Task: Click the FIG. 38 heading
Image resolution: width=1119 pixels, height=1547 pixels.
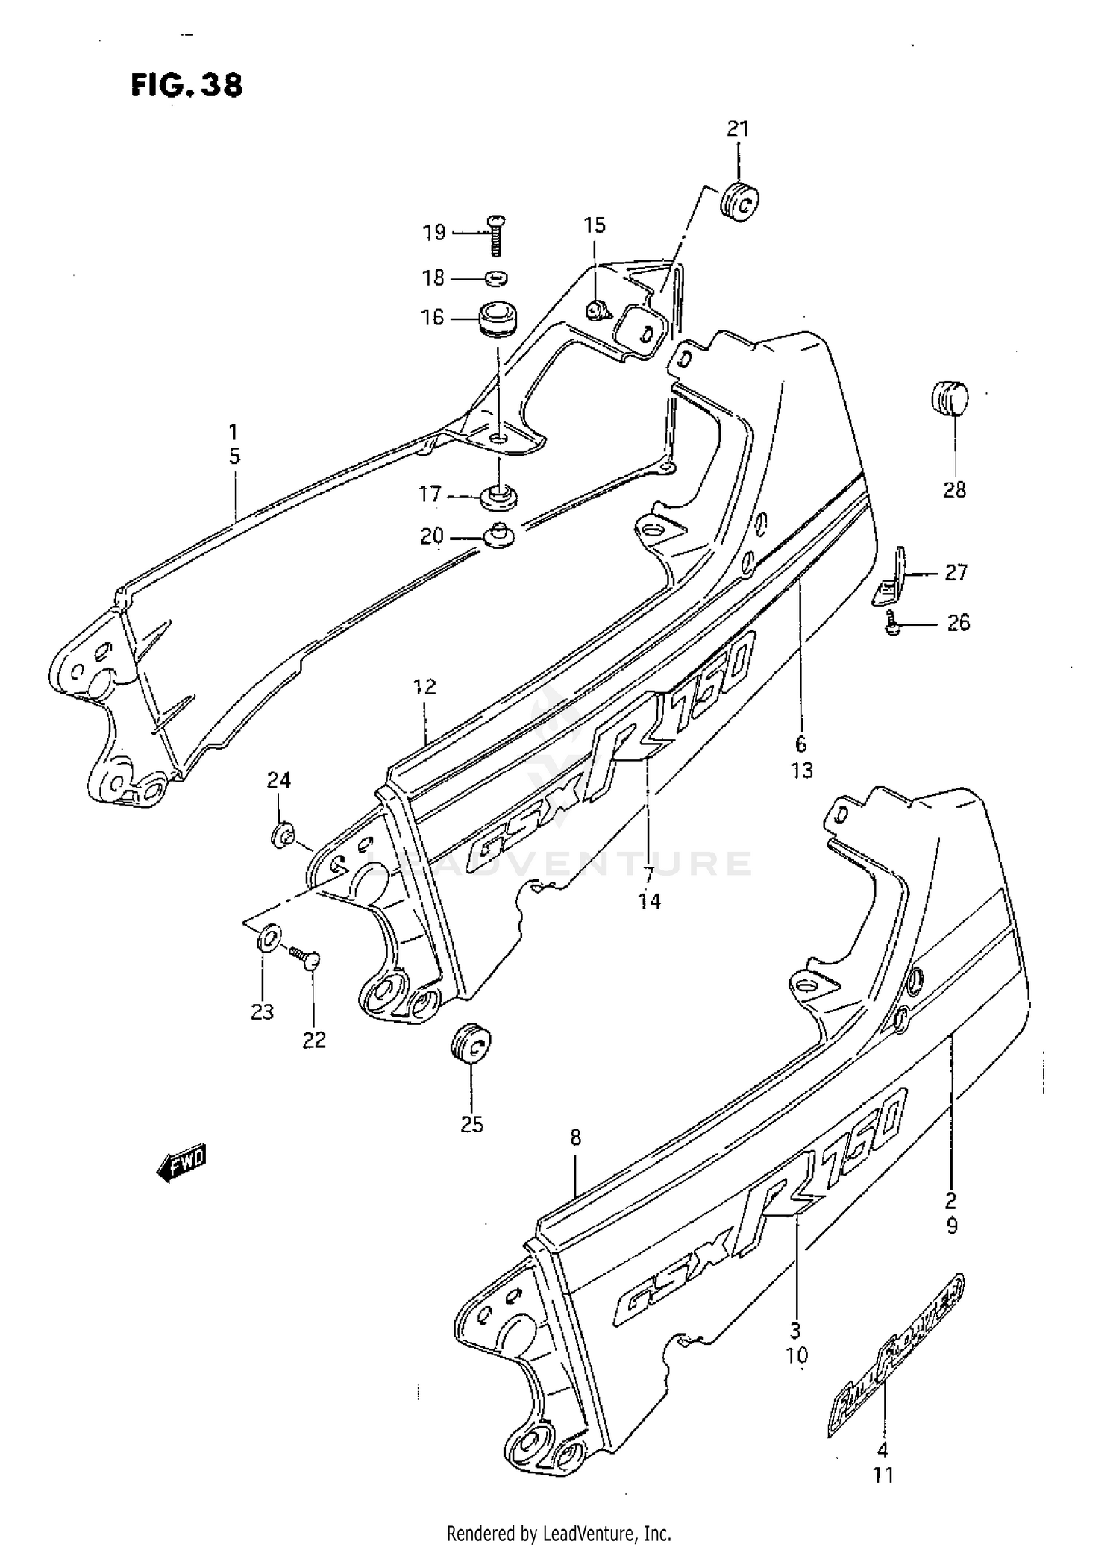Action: tap(187, 85)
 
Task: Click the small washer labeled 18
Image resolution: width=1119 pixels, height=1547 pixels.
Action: tap(495, 278)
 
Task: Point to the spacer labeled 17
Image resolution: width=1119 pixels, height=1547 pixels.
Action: tap(498, 497)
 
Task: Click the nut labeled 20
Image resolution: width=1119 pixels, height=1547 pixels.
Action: tap(499, 536)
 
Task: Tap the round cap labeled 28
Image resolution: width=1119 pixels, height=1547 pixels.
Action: tap(949, 398)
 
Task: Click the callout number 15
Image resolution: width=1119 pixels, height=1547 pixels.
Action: tap(595, 225)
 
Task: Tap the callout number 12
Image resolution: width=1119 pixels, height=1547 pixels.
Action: tap(424, 686)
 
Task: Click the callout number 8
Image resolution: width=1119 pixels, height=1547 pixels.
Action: tap(575, 1138)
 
